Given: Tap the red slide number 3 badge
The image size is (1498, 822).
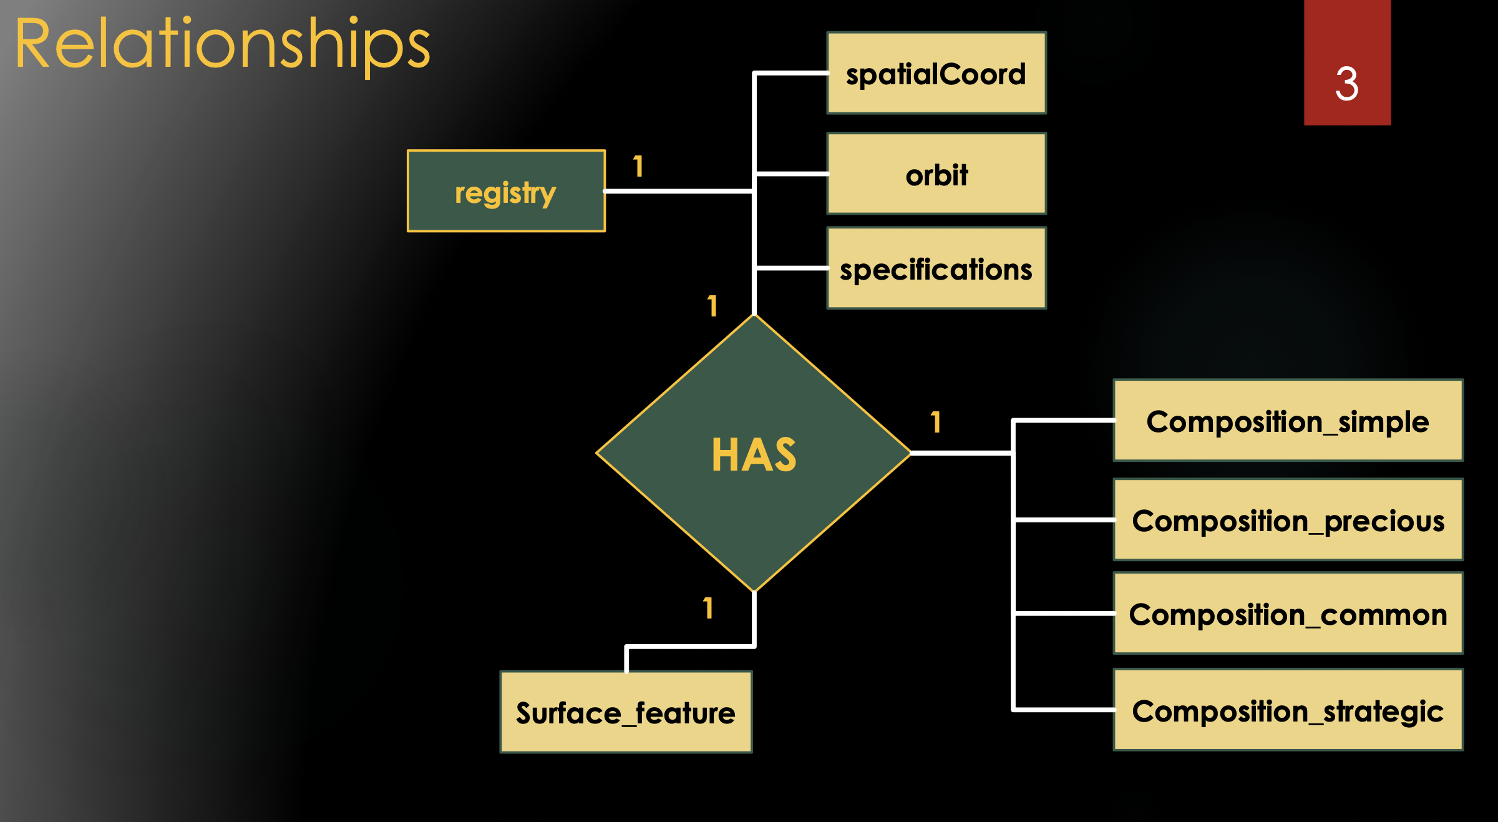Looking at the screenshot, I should (x=1347, y=62).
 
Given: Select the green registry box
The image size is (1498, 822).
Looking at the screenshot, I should (x=506, y=191).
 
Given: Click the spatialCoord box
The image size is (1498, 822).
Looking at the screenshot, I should (x=936, y=73).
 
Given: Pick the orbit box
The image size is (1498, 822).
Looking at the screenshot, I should (x=936, y=174).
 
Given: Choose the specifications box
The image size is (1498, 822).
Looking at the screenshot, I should (x=936, y=268).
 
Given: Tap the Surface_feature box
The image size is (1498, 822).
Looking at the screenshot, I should (x=626, y=712).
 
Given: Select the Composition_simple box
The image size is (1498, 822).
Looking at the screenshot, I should (x=1288, y=421).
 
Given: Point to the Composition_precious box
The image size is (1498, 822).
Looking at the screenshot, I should (x=1288, y=520).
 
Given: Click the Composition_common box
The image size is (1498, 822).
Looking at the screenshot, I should (x=1288, y=614).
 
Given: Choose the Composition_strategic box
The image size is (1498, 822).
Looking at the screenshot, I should (x=1288, y=710).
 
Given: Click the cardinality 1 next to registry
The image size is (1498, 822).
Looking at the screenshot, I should (x=638, y=167).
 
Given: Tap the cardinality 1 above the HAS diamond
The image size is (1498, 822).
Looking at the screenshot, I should (x=713, y=306).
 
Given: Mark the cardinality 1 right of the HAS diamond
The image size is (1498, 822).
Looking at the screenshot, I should (x=935, y=423).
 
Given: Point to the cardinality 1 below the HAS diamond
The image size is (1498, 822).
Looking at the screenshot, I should (x=708, y=609).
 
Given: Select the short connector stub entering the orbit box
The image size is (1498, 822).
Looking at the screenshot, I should (x=791, y=174).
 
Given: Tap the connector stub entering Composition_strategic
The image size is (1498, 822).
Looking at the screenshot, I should (x=1064, y=710).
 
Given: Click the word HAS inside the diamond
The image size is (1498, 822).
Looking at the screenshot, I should (x=754, y=455).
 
